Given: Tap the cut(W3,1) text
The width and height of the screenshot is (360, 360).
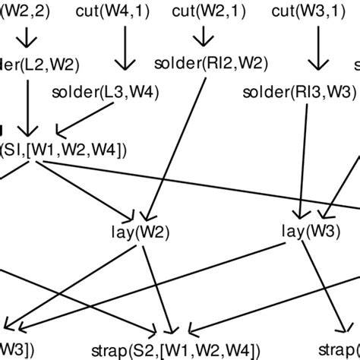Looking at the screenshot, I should coord(302,11).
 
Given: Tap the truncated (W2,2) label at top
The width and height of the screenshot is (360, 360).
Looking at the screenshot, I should coord(15,11).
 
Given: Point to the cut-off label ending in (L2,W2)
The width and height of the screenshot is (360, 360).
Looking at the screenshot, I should coord(29,62).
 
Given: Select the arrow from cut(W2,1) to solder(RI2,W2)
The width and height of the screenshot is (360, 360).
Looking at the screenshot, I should coord(203,36).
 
